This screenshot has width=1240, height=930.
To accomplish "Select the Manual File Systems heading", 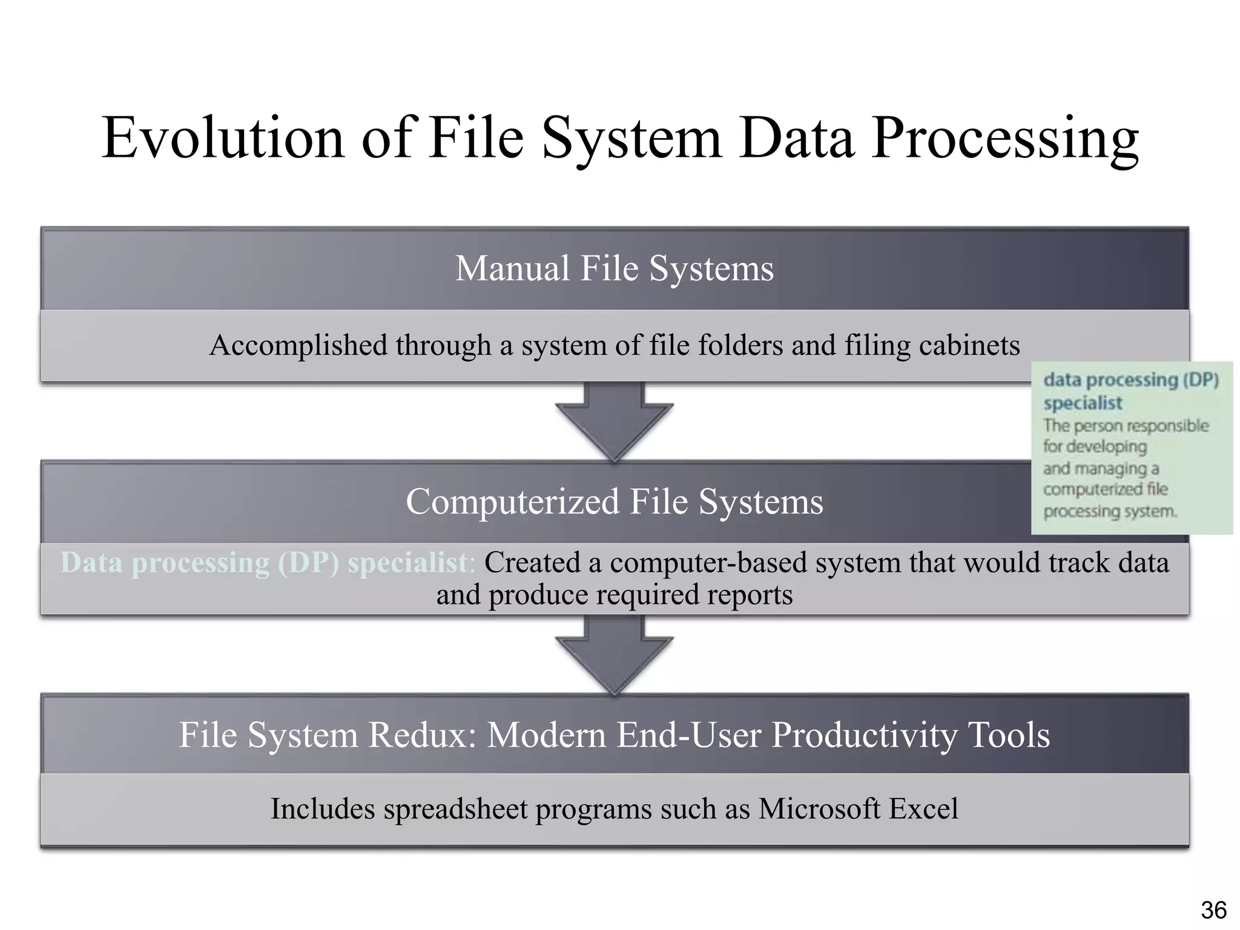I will coord(614,268).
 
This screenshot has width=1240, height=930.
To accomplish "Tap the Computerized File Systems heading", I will coord(614,502).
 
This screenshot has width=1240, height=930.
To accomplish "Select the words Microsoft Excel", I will coord(858,809).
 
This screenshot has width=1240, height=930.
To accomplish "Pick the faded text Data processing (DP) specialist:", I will coord(266,562).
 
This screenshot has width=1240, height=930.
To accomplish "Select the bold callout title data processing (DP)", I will coord(1130,380).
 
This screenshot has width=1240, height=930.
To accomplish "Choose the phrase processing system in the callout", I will coord(1109,512).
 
